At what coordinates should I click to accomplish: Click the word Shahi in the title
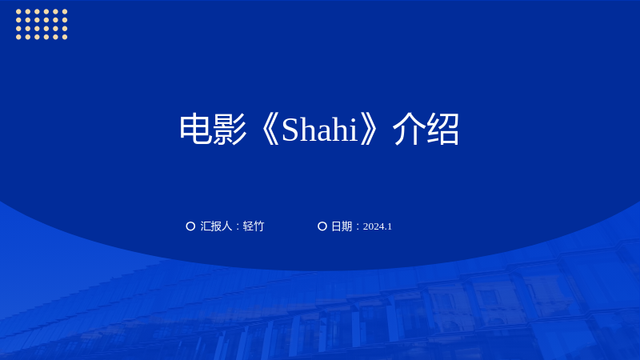tap(319, 130)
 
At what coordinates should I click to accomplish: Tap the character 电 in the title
tap(195, 129)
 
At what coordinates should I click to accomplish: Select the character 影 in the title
tap(230, 129)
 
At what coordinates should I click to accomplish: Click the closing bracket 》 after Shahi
tap(369, 130)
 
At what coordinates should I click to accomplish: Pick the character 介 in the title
tap(409, 129)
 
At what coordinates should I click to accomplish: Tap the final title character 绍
tap(443, 129)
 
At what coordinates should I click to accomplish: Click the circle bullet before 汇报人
tap(190, 226)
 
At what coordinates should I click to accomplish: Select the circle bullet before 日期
tap(322, 226)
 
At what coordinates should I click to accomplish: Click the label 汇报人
tap(216, 226)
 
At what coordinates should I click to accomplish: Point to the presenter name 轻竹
tap(254, 226)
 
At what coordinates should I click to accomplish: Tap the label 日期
tap(342, 226)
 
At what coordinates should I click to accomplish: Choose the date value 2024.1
tap(377, 226)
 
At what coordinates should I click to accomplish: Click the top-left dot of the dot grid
tap(18, 11)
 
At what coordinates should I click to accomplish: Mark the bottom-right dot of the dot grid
tap(65, 37)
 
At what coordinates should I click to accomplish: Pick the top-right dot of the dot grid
tap(65, 11)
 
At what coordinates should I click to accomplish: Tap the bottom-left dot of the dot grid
tap(18, 37)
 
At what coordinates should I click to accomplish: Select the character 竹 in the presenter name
tap(258, 226)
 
